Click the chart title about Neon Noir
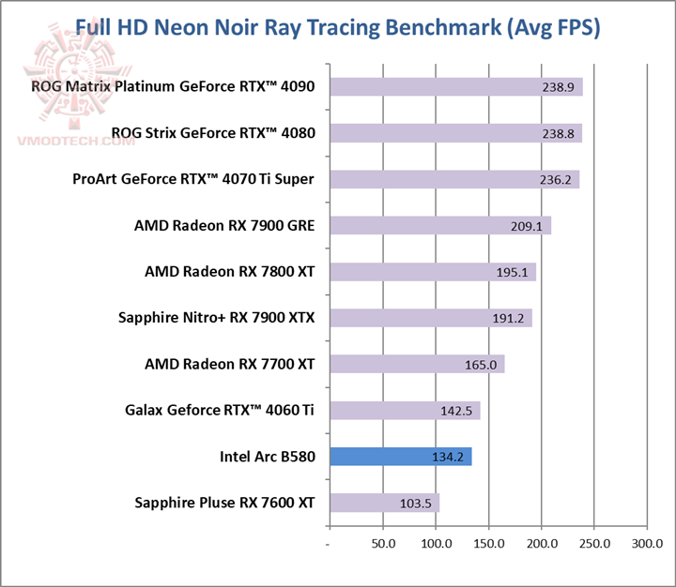click(x=337, y=27)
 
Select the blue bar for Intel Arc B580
click(x=400, y=457)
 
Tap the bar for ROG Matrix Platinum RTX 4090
click(x=455, y=87)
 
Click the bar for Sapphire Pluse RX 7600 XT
click(x=384, y=503)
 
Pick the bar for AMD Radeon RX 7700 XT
click(x=416, y=364)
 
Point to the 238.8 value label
click(x=559, y=134)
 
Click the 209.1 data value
click(x=528, y=226)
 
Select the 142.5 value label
click(x=456, y=411)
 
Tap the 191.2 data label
click(x=508, y=318)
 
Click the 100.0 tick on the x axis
click(x=436, y=544)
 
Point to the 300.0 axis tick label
click(x=647, y=544)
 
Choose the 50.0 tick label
click(x=383, y=544)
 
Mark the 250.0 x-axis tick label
click(x=594, y=544)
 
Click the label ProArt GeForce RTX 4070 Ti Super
click(x=193, y=179)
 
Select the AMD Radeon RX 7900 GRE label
click(x=224, y=225)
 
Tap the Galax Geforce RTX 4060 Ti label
click(x=220, y=410)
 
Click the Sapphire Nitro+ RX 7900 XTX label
click(x=217, y=318)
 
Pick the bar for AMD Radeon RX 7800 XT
click(x=432, y=272)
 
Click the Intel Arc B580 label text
click(x=268, y=457)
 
